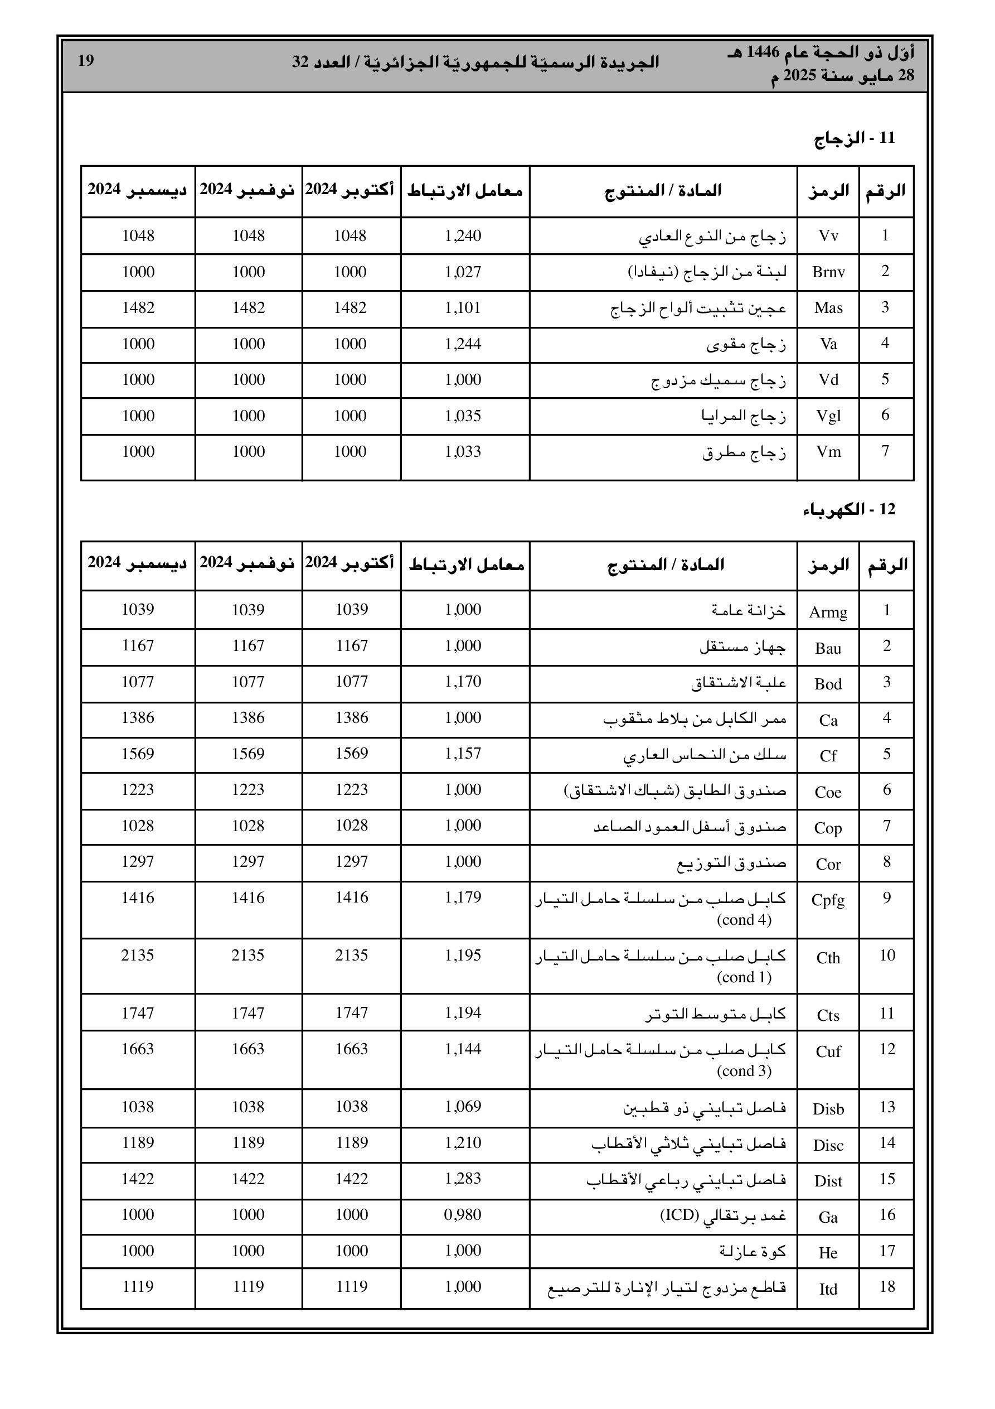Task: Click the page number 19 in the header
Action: click(86, 61)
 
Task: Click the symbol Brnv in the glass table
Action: click(828, 272)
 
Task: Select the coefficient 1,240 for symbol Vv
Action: click(463, 235)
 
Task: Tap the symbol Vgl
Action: click(828, 416)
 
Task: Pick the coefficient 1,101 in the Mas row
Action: click(463, 307)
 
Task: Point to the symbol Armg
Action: click(828, 612)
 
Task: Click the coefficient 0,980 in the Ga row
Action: click(463, 1214)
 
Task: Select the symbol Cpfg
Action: click(828, 900)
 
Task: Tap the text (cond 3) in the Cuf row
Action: click(744, 1071)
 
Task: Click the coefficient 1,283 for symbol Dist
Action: click(463, 1178)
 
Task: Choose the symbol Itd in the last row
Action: click(828, 1289)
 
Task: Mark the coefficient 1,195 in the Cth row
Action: click(463, 955)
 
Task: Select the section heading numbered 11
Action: click(855, 138)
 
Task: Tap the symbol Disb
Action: click(828, 1108)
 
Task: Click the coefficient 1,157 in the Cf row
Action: click(463, 753)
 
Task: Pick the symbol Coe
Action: click(828, 792)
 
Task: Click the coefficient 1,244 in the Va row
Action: click(463, 344)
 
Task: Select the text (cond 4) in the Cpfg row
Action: click(744, 920)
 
